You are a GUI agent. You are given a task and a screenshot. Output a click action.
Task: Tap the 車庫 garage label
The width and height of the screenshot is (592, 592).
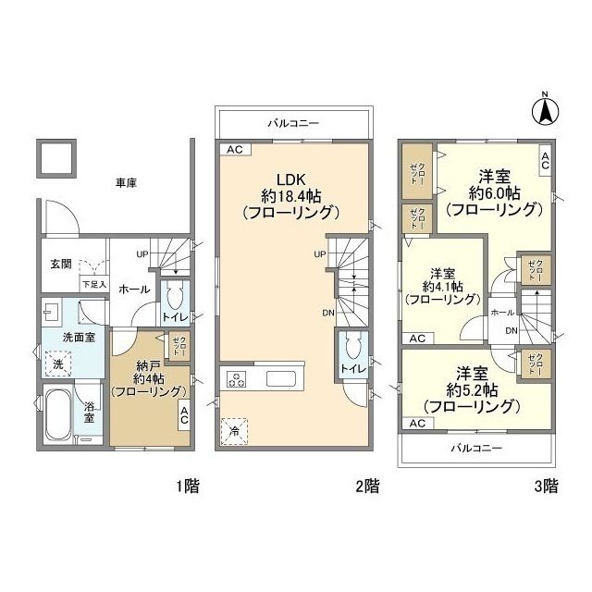pos(125,183)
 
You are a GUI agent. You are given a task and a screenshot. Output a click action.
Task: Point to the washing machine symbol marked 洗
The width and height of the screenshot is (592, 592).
pos(57,365)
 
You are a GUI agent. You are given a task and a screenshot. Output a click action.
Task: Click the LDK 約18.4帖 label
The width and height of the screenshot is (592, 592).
pos(290,194)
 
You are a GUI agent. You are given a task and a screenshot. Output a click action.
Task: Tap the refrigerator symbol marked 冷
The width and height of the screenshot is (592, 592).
pos(233,431)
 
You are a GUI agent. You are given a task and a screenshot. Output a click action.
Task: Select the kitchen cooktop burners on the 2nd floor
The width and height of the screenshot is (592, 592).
pos(237,378)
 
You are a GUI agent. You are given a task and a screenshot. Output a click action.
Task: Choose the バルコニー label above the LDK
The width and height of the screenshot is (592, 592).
pos(294,122)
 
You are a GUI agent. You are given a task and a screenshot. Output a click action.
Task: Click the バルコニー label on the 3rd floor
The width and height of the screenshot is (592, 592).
pos(476,448)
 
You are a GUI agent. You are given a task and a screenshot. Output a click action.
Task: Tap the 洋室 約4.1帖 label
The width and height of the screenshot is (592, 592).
pos(441,286)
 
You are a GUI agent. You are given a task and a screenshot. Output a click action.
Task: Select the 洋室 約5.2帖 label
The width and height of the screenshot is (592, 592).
pos(470,388)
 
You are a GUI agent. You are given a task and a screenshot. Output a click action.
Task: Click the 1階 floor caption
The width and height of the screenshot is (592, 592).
pos(186,485)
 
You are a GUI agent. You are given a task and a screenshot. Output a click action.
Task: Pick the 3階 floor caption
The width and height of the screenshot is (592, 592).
pos(546,485)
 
